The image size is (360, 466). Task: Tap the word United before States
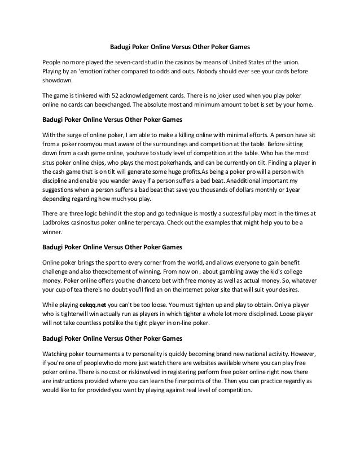246,61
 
